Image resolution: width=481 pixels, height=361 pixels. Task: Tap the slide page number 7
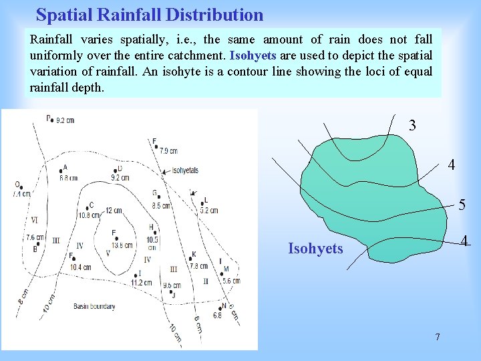click(x=438, y=336)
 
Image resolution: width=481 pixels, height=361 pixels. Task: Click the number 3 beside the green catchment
click(x=413, y=125)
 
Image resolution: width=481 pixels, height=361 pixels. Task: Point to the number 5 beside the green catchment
click(x=462, y=205)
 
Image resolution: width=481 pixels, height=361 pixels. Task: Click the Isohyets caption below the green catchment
click(x=315, y=249)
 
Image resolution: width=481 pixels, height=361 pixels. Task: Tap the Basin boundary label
click(x=94, y=307)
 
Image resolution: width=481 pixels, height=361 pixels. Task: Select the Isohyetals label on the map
click(x=185, y=170)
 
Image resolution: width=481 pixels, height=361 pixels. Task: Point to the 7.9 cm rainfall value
click(x=168, y=151)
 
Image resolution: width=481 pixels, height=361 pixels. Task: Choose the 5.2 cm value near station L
click(x=208, y=210)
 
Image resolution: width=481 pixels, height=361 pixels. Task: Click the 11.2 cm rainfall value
click(x=141, y=282)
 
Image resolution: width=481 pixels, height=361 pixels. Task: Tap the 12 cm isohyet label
click(x=113, y=211)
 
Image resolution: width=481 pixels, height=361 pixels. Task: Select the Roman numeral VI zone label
click(x=33, y=220)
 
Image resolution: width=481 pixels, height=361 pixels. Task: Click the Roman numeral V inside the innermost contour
click(x=108, y=253)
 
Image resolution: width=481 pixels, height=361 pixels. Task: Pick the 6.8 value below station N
click(x=217, y=315)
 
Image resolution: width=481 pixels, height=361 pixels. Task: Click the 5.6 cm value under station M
click(x=231, y=281)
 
